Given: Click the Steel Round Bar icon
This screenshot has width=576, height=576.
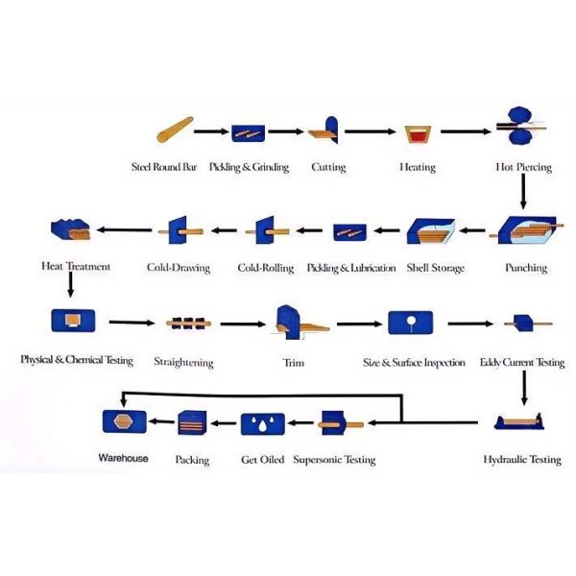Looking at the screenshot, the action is click(x=175, y=130).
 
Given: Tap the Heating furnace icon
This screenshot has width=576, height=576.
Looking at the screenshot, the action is click(x=418, y=134).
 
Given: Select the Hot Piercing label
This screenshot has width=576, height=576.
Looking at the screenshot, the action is click(x=523, y=167).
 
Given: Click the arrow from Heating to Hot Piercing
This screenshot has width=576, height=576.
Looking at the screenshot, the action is click(x=466, y=132).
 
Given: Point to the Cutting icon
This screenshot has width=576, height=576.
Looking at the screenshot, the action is click(x=324, y=131).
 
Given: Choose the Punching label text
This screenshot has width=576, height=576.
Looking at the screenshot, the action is click(x=526, y=268).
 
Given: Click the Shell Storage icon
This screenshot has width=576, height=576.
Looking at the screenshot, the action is click(x=430, y=231).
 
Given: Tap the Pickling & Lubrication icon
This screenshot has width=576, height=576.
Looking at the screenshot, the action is click(x=349, y=232).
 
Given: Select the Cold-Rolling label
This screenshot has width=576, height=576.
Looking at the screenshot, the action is click(x=266, y=268).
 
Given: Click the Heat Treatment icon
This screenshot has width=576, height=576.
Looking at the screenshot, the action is click(x=70, y=229).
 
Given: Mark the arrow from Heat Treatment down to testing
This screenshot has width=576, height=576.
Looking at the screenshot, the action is click(x=71, y=284).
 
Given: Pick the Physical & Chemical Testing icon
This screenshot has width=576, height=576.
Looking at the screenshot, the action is click(x=73, y=321).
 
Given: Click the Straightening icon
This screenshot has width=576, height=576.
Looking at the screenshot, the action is click(x=188, y=324).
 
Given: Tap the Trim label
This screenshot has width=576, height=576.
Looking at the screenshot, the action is click(x=293, y=363).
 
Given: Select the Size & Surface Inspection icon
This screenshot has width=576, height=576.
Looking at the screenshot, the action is click(x=410, y=323).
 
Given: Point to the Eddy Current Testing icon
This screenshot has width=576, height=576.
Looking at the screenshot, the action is click(x=528, y=324).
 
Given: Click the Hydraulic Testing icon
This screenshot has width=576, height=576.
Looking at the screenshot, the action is click(x=519, y=421).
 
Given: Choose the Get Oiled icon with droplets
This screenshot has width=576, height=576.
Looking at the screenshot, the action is click(x=263, y=424).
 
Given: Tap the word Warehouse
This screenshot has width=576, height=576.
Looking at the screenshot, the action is click(x=124, y=458).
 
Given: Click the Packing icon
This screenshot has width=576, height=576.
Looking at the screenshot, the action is click(x=192, y=422).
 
